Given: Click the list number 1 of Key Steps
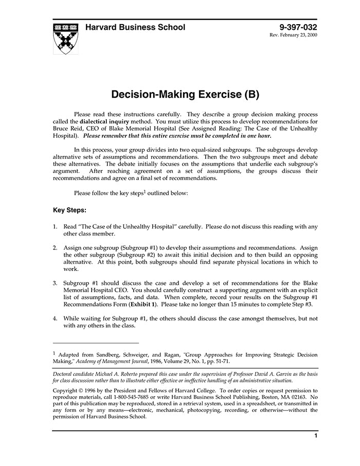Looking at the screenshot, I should pyautogui.click(x=55, y=226).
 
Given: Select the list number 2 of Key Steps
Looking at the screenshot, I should pyautogui.click(x=55, y=247).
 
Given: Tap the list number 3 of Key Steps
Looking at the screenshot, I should pyautogui.click(x=55, y=283).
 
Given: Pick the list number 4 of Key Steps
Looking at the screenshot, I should pyautogui.click(x=55, y=318).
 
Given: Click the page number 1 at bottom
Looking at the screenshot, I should pyautogui.click(x=315, y=436).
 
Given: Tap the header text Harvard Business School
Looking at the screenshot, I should pyautogui.click(x=135, y=27).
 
